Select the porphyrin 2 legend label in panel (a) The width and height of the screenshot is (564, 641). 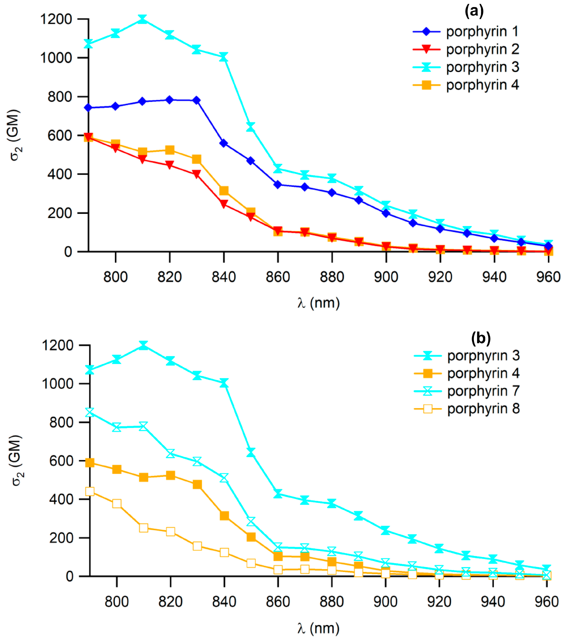[483, 49]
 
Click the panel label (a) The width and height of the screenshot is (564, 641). [474, 11]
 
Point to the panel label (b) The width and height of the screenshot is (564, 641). [481, 338]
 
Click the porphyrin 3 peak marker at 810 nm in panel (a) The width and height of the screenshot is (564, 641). [143, 19]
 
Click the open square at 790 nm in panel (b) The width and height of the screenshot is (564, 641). [90, 491]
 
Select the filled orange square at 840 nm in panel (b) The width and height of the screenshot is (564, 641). [224, 516]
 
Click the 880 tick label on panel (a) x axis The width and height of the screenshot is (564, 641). [332, 277]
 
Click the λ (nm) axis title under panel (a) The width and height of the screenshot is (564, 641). [318, 303]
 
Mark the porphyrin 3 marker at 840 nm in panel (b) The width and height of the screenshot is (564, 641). [224, 383]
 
